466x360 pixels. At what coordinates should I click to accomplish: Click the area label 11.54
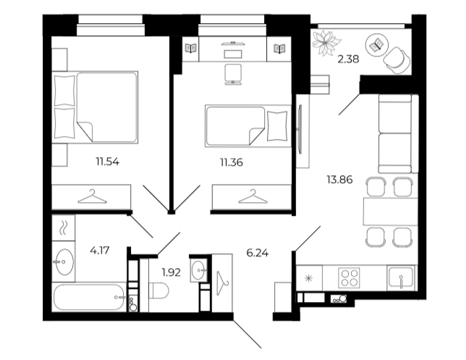(108, 162)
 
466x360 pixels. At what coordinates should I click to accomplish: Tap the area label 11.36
(232, 162)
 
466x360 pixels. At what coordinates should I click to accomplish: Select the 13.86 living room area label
(339, 180)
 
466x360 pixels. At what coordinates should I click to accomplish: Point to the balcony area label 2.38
(348, 59)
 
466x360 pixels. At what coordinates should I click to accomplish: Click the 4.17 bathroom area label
(100, 251)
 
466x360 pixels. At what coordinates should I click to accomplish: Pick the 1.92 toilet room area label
(171, 272)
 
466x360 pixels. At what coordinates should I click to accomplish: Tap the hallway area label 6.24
(258, 253)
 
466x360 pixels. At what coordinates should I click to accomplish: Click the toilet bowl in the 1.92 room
(158, 290)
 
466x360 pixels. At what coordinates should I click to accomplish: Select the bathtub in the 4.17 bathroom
(89, 298)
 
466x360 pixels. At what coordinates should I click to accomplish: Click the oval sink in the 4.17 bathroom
(64, 261)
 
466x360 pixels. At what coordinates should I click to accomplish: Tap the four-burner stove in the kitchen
(349, 277)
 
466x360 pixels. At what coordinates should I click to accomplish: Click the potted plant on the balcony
(326, 43)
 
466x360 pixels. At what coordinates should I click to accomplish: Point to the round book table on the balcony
(376, 45)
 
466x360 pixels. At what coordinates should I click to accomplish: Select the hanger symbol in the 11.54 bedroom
(92, 197)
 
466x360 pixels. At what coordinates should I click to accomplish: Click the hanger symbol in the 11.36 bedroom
(253, 197)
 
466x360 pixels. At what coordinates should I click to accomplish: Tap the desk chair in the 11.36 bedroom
(233, 74)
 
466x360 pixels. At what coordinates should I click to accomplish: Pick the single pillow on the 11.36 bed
(277, 125)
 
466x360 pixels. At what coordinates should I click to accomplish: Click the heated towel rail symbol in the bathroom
(63, 228)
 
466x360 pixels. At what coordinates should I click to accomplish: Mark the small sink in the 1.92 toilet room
(198, 270)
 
